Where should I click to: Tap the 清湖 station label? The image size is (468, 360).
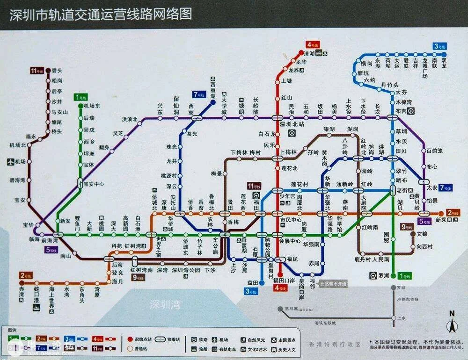point(309,53)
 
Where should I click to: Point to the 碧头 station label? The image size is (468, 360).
point(58,71)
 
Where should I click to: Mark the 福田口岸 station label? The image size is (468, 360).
point(285,281)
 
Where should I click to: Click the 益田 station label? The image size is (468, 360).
point(252,283)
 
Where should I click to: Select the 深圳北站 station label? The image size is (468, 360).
point(292,125)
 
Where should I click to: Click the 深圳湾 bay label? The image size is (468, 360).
point(165,305)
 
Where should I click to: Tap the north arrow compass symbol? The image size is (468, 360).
point(452,323)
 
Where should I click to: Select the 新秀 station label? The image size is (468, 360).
point(441,220)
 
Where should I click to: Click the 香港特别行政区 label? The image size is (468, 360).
point(335,344)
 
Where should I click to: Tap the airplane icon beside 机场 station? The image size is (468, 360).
point(11,162)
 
